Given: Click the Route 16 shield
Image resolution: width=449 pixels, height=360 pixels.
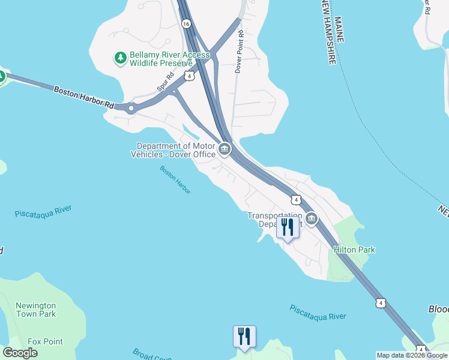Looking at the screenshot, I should (185, 23).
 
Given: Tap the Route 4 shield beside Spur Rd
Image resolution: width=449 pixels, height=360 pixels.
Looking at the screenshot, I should (189, 76).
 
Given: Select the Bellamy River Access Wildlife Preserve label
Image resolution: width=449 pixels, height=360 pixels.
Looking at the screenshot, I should (169, 58).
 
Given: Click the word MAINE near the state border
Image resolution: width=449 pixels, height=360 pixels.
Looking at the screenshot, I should (340, 29).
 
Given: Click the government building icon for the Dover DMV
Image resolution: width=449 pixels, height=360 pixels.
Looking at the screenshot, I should (224, 149).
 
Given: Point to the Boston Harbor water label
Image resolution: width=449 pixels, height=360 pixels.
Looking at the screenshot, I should (175, 179).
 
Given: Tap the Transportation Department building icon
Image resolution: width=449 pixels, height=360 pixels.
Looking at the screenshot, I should (311, 219).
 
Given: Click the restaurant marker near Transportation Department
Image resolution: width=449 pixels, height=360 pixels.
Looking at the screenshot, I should (288, 227).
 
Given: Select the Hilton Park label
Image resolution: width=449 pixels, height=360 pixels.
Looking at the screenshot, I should (355, 250).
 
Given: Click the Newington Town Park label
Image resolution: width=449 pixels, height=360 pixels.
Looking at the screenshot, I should (36, 310).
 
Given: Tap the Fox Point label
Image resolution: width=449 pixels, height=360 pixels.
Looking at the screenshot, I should (45, 341).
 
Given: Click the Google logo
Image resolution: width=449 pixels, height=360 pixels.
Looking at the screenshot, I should (20, 353).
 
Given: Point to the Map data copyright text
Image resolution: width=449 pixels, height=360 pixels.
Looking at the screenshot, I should (412, 355).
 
